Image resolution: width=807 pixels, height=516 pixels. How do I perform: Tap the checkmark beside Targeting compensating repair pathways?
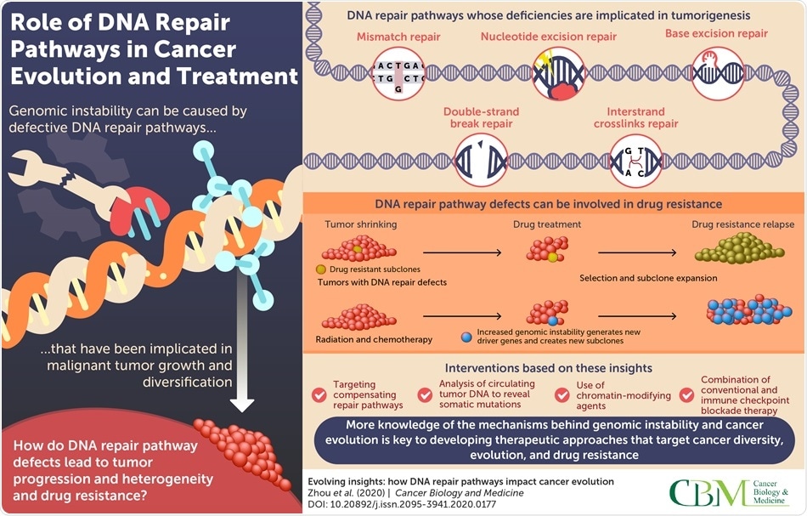[319, 395]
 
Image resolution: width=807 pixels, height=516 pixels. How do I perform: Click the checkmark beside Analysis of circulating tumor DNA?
[425, 395]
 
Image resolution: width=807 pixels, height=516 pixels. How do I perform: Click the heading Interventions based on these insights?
[549, 368]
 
